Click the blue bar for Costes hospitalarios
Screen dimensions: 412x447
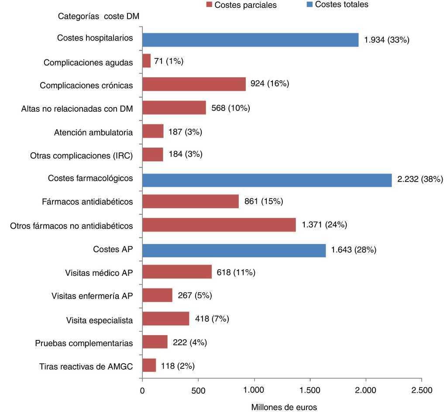pyautogui.click(x=250, y=40)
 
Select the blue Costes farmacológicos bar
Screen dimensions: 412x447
pyautogui.click(x=267, y=179)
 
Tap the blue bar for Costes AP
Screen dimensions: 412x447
pyautogui.click(x=234, y=250)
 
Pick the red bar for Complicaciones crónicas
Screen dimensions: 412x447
pyautogui.click(x=194, y=84)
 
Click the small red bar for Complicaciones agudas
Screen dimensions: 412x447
pyautogui.click(x=147, y=61)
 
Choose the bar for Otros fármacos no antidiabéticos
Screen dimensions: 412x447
pyautogui.click(x=219, y=225)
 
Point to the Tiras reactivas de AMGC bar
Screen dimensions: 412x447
pyautogui.click(x=149, y=365)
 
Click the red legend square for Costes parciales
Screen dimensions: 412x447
pyautogui.click(x=209, y=5)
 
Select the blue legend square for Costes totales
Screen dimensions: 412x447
pyautogui.click(x=309, y=5)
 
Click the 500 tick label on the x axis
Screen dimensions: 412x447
pyautogui.click(x=198, y=390)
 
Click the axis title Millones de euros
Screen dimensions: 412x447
pyautogui.click(x=284, y=407)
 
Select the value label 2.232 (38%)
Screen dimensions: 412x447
pyautogui.click(x=420, y=179)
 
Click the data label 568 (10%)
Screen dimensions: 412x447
pyautogui.click(x=230, y=108)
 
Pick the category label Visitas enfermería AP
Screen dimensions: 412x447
pyautogui.click(x=92, y=296)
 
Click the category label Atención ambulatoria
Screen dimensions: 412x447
pyautogui.click(x=93, y=132)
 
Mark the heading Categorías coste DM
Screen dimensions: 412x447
pyautogui.click(x=99, y=17)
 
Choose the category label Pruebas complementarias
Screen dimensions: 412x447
pyautogui.click(x=84, y=343)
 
